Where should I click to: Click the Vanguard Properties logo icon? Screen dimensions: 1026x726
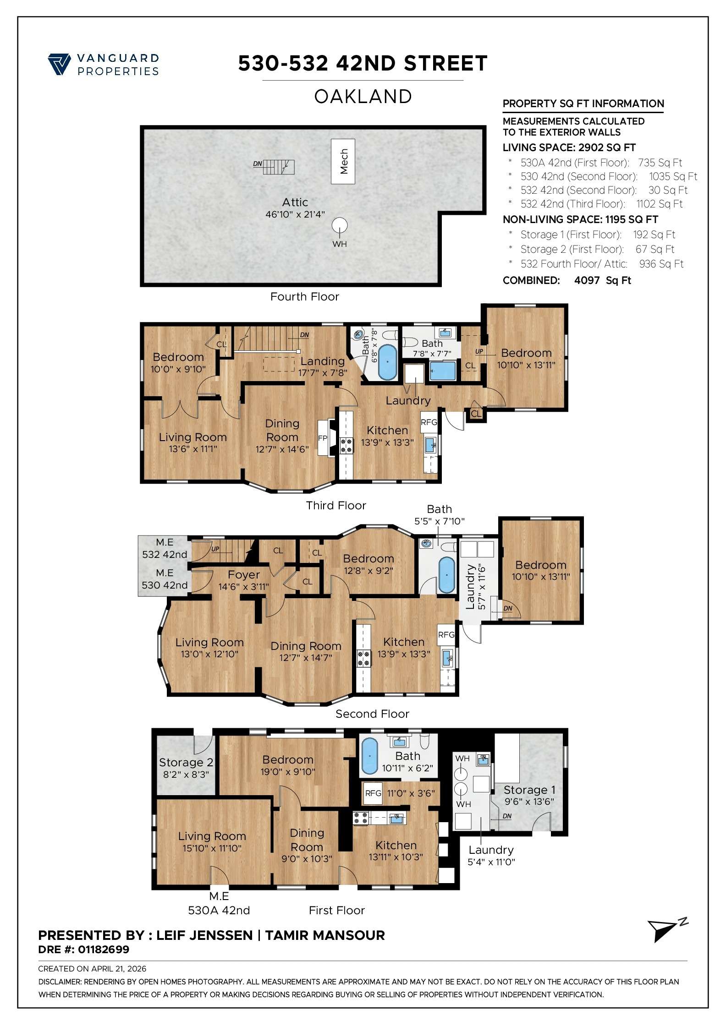tap(59, 64)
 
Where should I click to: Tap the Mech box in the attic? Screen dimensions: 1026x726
tap(343, 162)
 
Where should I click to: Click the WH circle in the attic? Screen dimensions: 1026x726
tap(340, 225)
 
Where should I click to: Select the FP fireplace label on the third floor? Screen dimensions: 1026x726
tap(323, 438)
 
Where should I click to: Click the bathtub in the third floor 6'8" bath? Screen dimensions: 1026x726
tap(388, 362)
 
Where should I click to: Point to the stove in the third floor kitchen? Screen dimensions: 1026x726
tap(346, 446)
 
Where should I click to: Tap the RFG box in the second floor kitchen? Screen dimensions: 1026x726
tap(446, 635)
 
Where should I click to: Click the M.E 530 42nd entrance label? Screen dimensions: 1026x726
tap(165, 579)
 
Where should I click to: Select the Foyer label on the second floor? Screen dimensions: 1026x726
tap(243, 575)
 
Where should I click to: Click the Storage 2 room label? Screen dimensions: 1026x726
tap(186, 763)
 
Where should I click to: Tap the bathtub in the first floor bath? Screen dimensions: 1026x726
tap(369, 756)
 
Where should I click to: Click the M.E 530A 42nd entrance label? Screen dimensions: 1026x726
tap(219, 904)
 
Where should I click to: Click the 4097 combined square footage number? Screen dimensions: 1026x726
tap(587, 281)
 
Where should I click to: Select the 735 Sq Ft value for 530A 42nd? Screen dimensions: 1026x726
tap(660, 163)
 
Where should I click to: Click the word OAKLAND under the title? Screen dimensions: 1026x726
tap(363, 97)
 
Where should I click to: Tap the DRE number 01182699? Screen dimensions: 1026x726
tap(104, 950)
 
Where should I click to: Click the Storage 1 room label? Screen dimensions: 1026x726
tap(529, 790)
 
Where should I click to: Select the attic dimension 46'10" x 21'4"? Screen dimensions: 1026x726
tap(295, 214)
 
